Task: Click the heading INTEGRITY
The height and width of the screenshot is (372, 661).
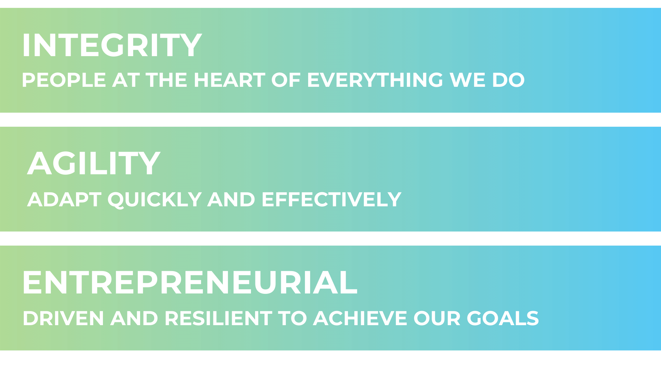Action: tap(112, 45)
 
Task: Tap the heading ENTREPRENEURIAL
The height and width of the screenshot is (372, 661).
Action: tap(190, 282)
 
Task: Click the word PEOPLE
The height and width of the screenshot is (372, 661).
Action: tap(64, 80)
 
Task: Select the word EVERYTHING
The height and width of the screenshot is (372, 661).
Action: tap(375, 80)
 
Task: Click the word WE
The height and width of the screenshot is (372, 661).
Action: tap(468, 80)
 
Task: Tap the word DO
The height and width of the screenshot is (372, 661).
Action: tap(508, 80)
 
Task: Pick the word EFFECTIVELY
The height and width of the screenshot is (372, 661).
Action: tap(332, 199)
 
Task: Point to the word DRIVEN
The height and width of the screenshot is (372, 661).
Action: tap(63, 318)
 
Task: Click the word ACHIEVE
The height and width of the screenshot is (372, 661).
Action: tap(360, 318)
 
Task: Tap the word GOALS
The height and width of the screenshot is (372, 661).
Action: tap(503, 318)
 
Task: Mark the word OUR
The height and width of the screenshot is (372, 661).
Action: tap(437, 318)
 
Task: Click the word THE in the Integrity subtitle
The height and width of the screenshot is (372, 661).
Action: tap(167, 80)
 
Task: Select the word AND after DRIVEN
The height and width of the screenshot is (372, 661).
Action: tap(134, 318)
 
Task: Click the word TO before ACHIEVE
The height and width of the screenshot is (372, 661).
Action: tap(293, 318)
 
